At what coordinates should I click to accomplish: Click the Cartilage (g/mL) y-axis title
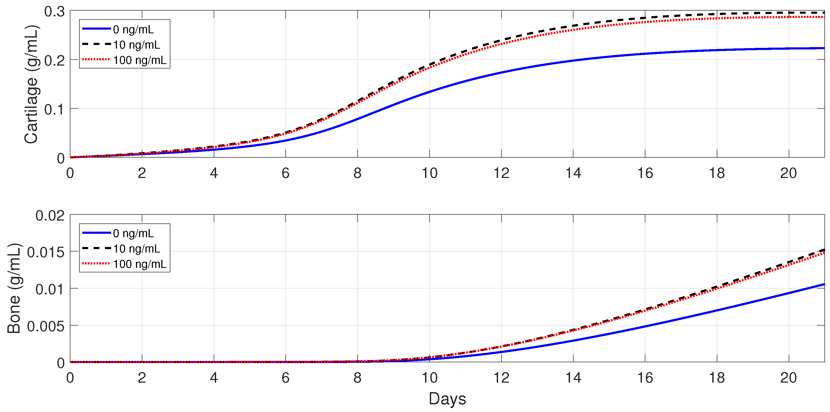click(x=31, y=84)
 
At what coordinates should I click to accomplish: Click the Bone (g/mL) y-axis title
click(x=14, y=288)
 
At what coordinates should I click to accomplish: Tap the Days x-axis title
click(x=447, y=399)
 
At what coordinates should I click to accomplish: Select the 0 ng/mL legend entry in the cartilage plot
click(x=133, y=29)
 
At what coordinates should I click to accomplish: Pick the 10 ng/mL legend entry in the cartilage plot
click(x=136, y=45)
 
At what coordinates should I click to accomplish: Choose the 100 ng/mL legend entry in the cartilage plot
click(x=139, y=60)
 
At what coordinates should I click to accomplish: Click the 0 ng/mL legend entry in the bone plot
click(x=133, y=233)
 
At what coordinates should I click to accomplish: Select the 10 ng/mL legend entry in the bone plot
click(x=136, y=249)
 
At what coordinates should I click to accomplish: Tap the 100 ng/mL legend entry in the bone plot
click(x=139, y=264)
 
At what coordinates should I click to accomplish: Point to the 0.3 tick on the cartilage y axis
click(x=54, y=12)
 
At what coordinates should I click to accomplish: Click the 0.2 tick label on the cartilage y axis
click(x=54, y=60)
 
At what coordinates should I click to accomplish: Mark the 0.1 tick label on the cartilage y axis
click(x=54, y=109)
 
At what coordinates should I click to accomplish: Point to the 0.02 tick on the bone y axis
click(x=50, y=216)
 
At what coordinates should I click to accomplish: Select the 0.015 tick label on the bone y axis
click(x=46, y=252)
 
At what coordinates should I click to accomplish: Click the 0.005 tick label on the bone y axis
click(x=46, y=326)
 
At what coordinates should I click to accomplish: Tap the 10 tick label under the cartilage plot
click(x=430, y=173)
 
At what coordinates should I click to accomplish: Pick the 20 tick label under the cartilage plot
click(x=788, y=173)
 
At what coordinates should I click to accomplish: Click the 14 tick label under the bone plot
click(x=573, y=378)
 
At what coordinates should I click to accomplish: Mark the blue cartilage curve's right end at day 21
click(x=824, y=48)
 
